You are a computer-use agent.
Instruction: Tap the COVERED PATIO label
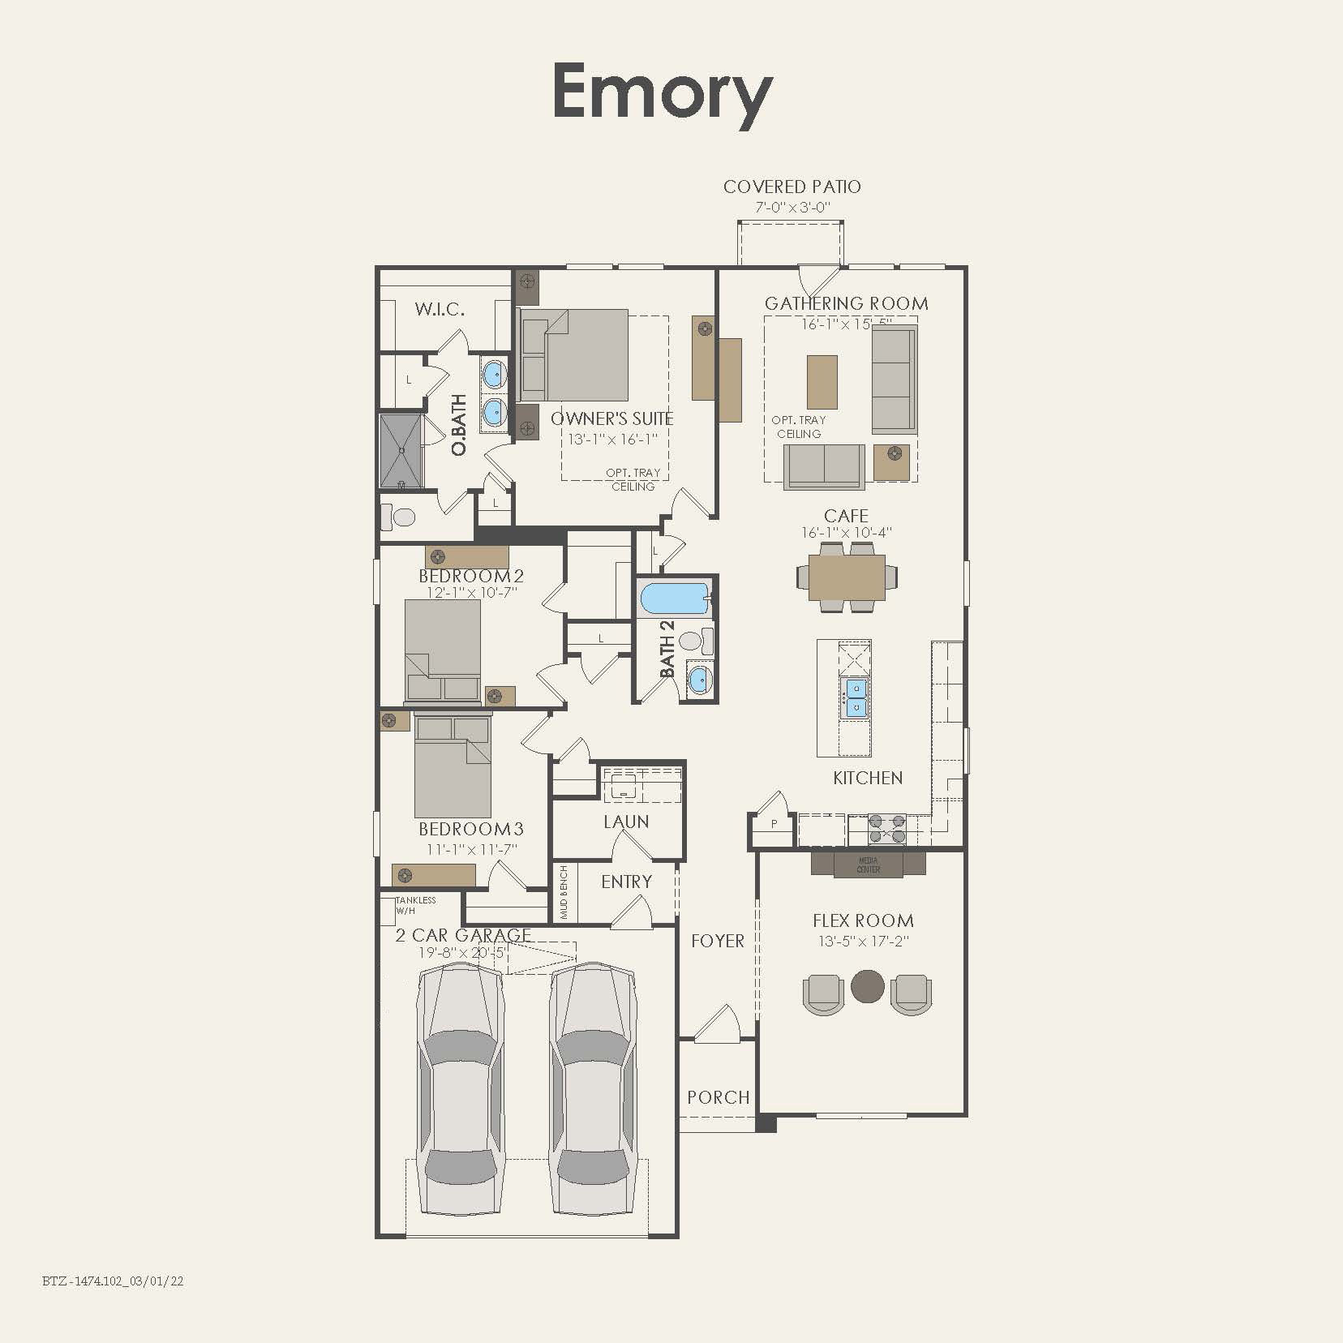coord(792,187)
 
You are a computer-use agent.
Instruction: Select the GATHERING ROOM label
coord(846,303)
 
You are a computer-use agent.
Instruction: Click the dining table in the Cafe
coord(847,577)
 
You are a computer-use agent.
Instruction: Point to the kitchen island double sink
coord(856,697)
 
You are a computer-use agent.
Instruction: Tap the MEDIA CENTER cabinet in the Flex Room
coord(868,865)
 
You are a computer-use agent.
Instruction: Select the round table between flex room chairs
coord(867,985)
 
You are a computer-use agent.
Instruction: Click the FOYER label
coord(717,941)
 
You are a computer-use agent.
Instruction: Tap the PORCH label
coord(718,1097)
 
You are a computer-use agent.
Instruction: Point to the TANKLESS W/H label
coord(415,905)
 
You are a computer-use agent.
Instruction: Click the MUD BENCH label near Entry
coord(564,893)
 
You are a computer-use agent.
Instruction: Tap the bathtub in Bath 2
coord(674,599)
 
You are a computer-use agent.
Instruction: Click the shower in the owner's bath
coord(401,451)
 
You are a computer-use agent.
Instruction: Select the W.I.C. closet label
coord(440,309)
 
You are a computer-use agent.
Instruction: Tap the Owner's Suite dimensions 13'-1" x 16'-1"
coord(612,439)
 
